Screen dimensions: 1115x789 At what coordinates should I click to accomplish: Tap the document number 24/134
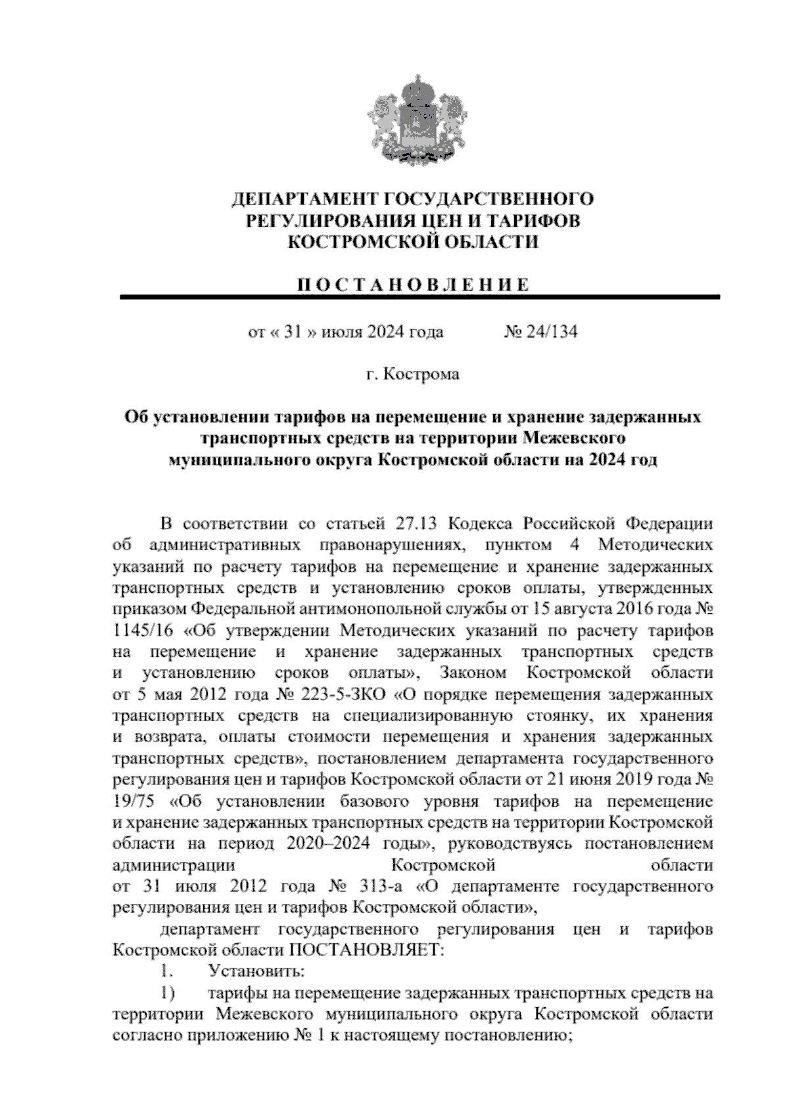tap(550, 332)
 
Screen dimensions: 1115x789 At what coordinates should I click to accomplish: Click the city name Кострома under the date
tap(421, 375)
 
